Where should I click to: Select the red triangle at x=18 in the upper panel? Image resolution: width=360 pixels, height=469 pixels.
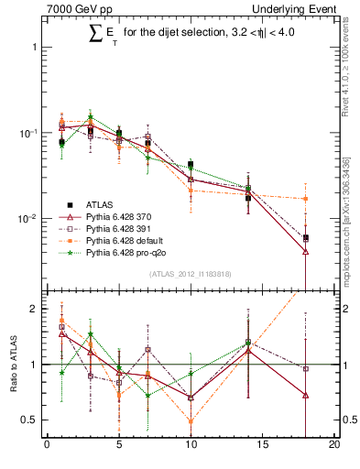[305, 252]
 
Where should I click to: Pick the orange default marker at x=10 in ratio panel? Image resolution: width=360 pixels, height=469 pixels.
[191, 422]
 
